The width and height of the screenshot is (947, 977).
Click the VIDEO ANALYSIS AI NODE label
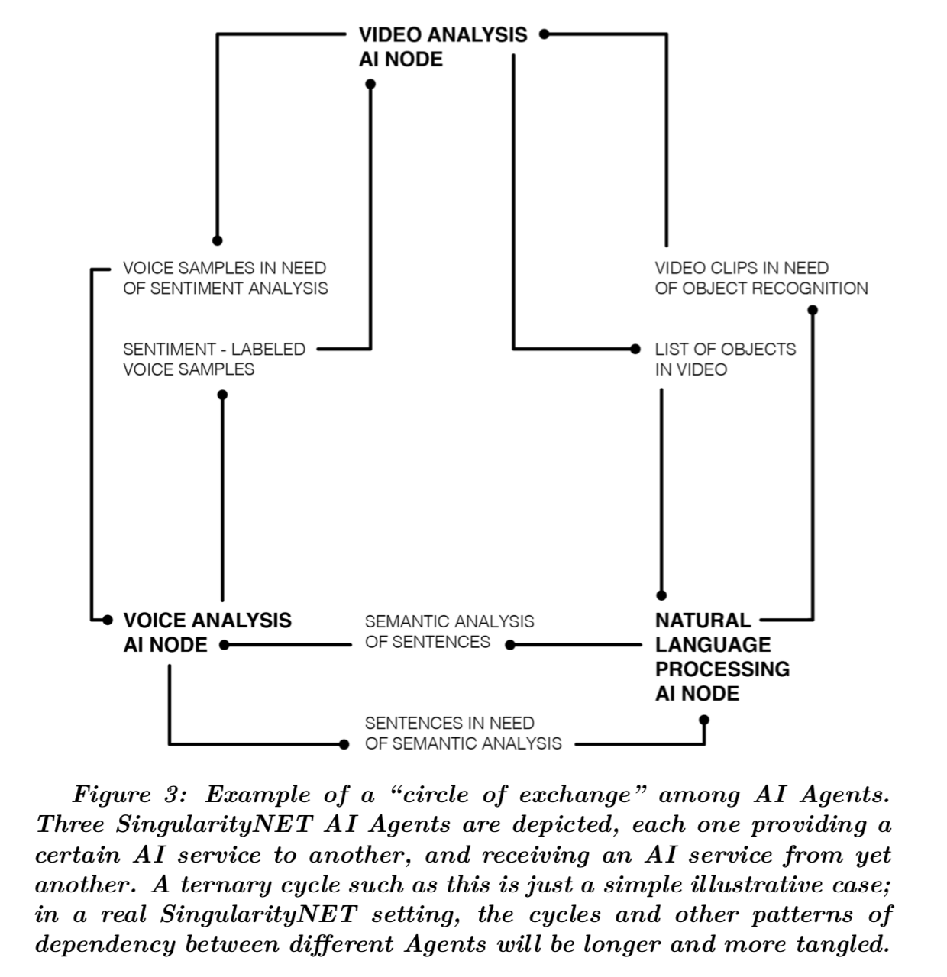pos(442,47)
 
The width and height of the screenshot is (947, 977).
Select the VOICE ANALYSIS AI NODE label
pos(207,632)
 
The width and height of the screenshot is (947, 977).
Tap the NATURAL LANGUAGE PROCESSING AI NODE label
pos(722,656)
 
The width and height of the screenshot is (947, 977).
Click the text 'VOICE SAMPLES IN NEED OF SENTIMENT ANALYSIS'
pos(225,278)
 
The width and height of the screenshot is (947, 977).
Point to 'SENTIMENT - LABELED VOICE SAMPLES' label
pos(214,359)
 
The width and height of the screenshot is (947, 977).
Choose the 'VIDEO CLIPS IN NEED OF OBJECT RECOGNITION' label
pos(761,278)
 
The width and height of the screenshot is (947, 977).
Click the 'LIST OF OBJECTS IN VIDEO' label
pos(725,359)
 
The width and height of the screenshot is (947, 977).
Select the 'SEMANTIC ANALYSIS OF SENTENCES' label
pos(449,631)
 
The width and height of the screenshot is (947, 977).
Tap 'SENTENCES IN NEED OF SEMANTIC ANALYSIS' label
pos(463,733)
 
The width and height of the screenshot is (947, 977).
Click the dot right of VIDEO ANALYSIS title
pos(544,34)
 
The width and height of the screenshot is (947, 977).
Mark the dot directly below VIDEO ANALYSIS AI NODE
pos(370,85)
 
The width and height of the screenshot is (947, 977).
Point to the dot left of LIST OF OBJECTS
pos(635,349)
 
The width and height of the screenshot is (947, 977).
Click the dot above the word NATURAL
pos(661,595)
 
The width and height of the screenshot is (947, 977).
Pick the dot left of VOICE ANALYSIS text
pos(108,620)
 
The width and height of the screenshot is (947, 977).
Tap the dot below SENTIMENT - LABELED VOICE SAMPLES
pos(222,395)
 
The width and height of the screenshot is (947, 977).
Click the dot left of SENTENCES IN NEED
pos(344,743)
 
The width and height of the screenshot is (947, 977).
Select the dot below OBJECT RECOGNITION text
pos(813,310)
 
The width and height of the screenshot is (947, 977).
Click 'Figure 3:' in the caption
pos(129,795)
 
